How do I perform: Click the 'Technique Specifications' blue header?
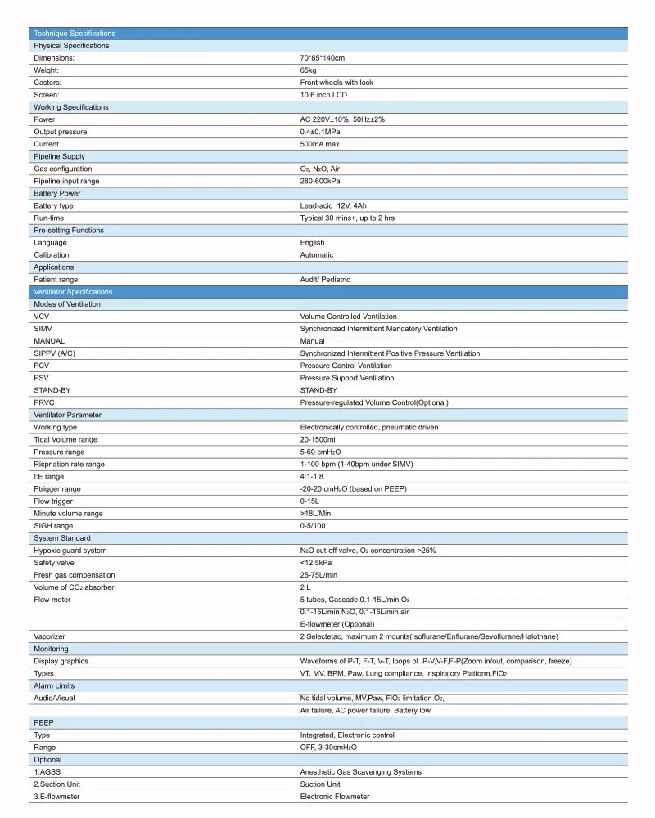click(75, 34)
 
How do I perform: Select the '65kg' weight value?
click(309, 70)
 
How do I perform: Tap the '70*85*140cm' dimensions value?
click(323, 58)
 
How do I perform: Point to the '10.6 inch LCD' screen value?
click(324, 95)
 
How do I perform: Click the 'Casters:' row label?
click(47, 83)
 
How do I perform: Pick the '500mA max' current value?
click(320, 144)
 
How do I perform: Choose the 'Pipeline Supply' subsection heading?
click(59, 156)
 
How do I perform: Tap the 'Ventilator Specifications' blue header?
click(73, 292)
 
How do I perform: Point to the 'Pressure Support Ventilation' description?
click(347, 378)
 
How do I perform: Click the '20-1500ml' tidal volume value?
click(318, 439)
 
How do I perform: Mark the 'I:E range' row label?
click(49, 476)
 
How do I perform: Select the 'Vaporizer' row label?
click(49, 636)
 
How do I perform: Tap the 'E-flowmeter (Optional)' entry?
click(337, 624)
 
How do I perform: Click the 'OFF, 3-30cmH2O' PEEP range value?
click(329, 748)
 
